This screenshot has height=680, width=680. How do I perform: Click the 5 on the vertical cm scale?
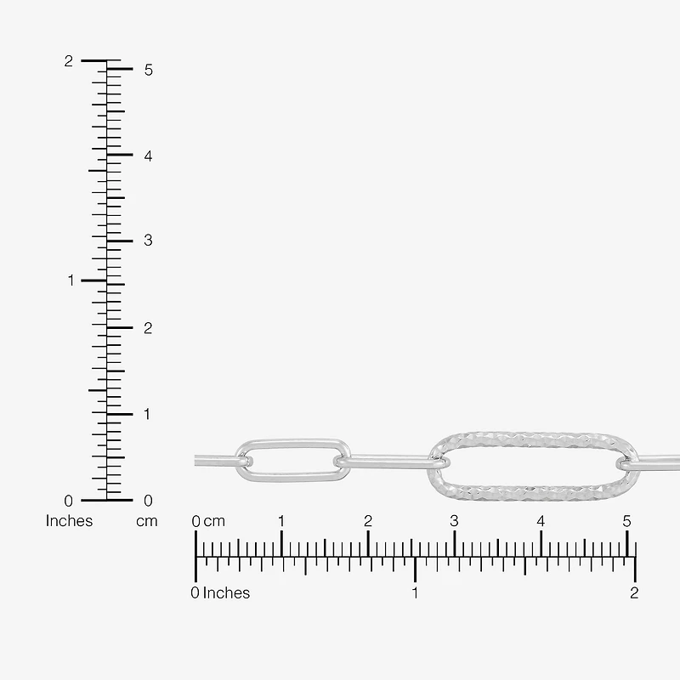(x=149, y=70)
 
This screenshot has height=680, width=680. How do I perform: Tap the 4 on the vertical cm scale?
(x=148, y=156)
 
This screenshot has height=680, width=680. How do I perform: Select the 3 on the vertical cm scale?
(x=148, y=241)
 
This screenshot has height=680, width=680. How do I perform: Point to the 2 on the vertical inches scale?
(x=69, y=61)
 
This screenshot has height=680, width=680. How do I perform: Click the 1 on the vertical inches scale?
(x=71, y=280)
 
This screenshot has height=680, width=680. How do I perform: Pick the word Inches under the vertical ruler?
(x=70, y=521)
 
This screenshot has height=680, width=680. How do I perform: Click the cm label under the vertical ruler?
(x=146, y=521)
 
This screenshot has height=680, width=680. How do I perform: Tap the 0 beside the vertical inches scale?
(x=69, y=501)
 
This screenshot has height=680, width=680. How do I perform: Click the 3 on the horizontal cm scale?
(x=454, y=521)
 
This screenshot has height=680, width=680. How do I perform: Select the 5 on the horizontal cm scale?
(x=626, y=521)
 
